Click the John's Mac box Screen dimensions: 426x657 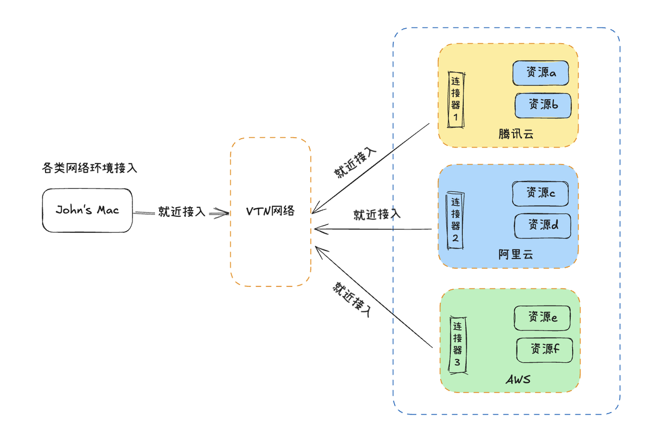pyautogui.click(x=87, y=210)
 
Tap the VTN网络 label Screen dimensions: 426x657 pyautogui.click(x=270, y=211)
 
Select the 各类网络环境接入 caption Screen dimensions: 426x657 pyautogui.click(x=90, y=168)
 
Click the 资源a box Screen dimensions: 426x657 pyautogui.click(x=541, y=73)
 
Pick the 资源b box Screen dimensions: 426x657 pyautogui.click(x=543, y=105)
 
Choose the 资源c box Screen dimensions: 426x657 pyautogui.click(x=540, y=194)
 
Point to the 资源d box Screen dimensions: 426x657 pyautogui.click(x=543, y=225)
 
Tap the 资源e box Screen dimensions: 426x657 pyautogui.click(x=542, y=318)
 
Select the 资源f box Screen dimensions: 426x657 pyautogui.click(x=544, y=350)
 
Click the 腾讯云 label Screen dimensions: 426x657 pyautogui.click(x=516, y=135)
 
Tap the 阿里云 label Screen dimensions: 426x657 pyautogui.click(x=516, y=254)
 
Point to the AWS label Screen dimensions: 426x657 pyautogui.click(x=518, y=380)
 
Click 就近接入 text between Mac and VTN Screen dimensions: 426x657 pyautogui.click(x=181, y=212)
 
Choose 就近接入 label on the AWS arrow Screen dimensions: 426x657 pyautogui.click(x=352, y=299)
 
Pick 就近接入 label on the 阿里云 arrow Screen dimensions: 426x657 pyautogui.click(x=377, y=215)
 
